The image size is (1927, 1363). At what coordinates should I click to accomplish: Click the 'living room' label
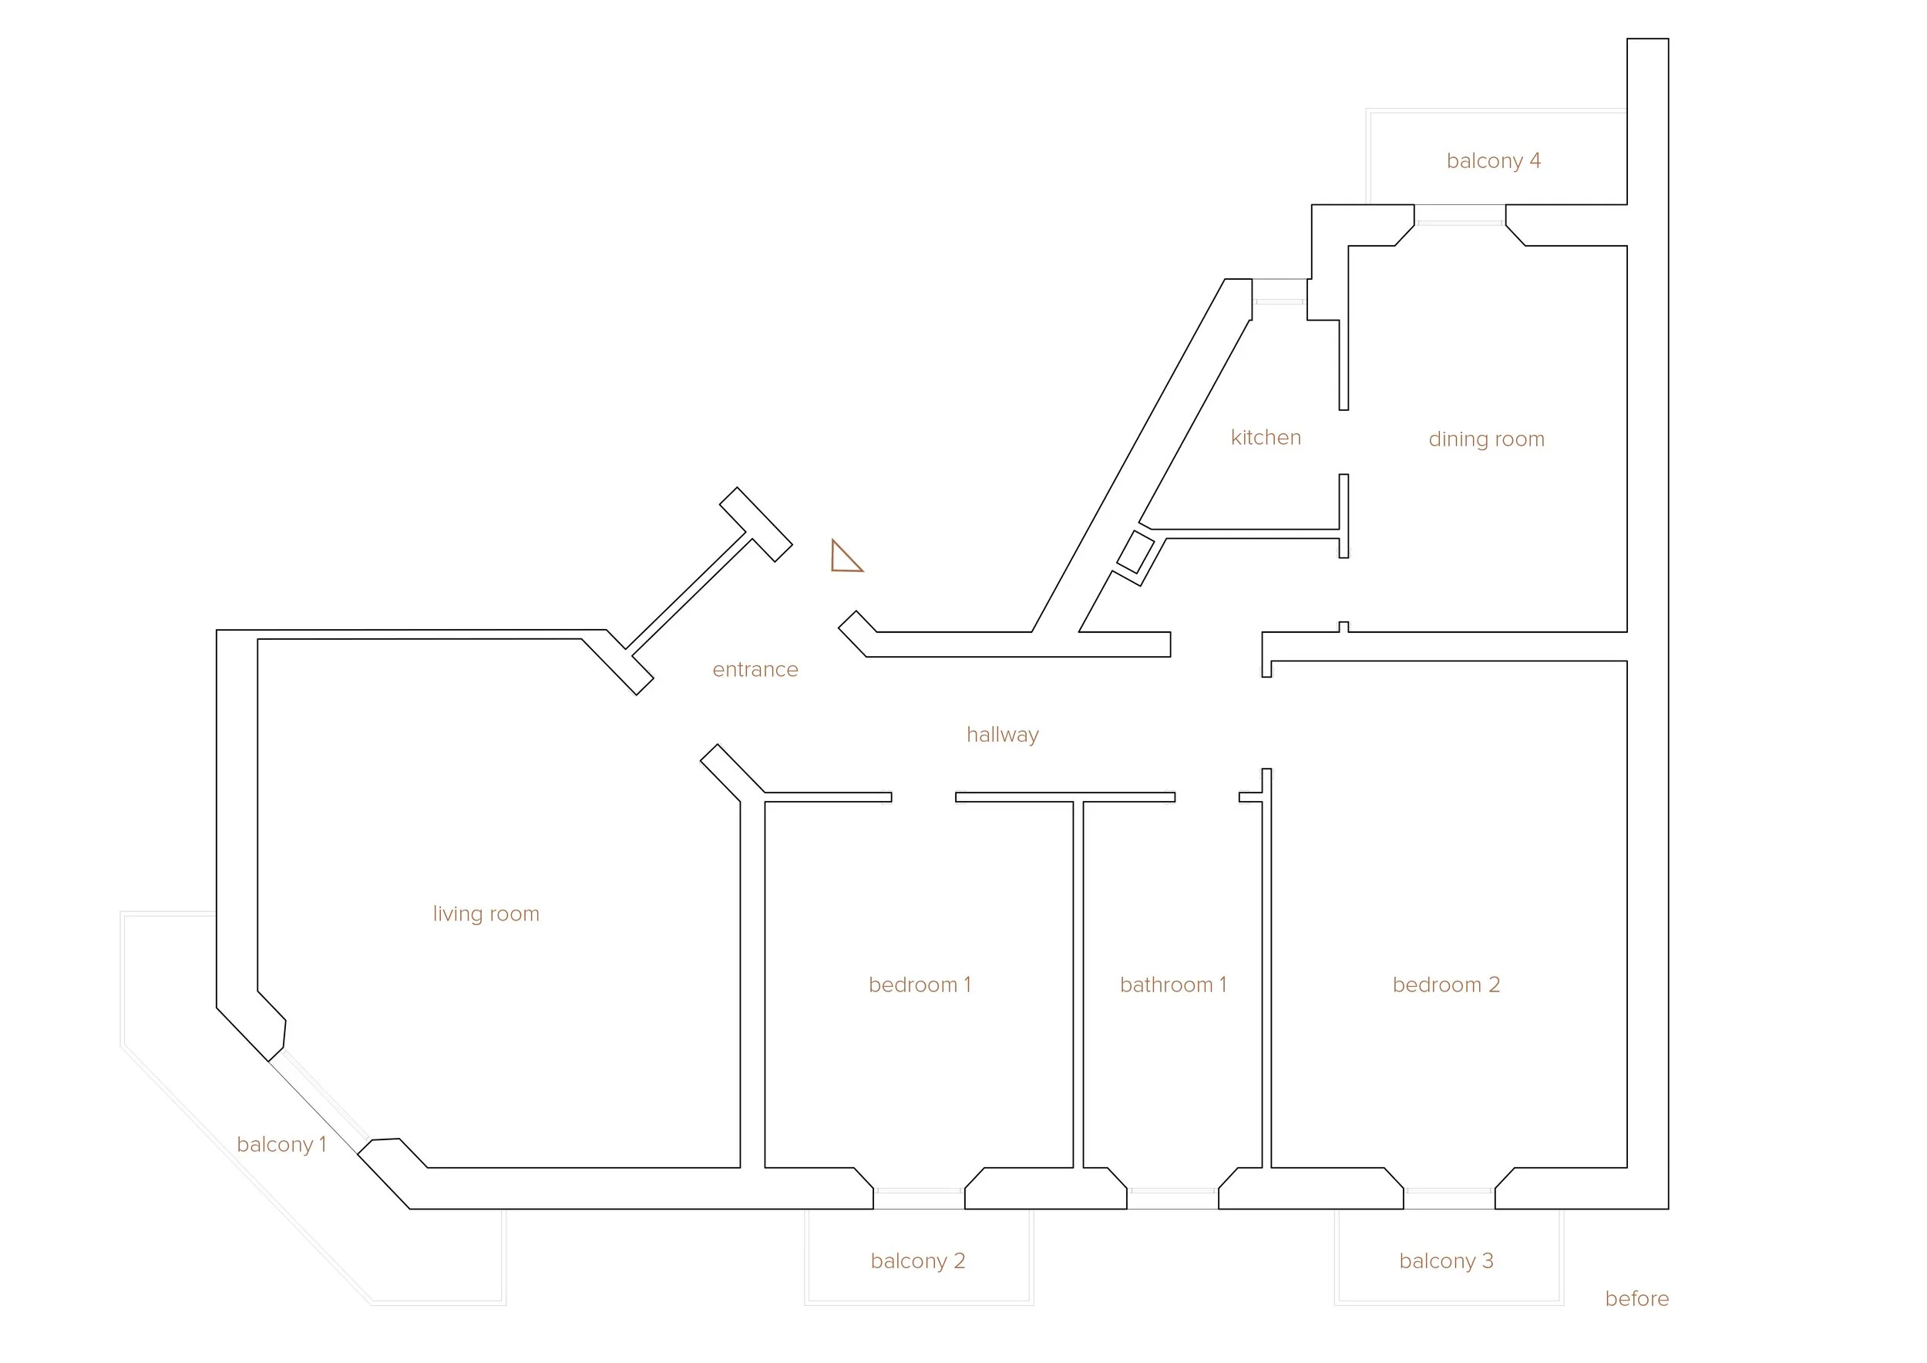pyautogui.click(x=486, y=914)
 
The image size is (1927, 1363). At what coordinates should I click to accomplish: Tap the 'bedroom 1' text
pyautogui.click(x=919, y=984)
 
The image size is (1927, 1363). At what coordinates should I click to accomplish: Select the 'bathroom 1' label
pyautogui.click(x=1172, y=984)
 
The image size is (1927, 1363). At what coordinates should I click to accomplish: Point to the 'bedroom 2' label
pyautogui.click(x=1445, y=984)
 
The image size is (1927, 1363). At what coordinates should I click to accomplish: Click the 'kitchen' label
pyautogui.click(x=1266, y=437)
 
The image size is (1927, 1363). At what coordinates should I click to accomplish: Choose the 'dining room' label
pyautogui.click(x=1485, y=439)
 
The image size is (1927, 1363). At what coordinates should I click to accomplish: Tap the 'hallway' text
pyautogui.click(x=1002, y=735)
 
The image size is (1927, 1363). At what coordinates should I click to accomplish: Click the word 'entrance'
pyautogui.click(x=755, y=670)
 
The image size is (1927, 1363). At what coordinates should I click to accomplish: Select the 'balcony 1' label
pyautogui.click(x=281, y=1144)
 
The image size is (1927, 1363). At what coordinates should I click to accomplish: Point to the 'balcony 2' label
pyautogui.click(x=917, y=1260)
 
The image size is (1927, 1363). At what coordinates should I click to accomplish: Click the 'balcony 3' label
pyautogui.click(x=1445, y=1260)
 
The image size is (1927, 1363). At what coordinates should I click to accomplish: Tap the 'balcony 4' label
pyautogui.click(x=1493, y=160)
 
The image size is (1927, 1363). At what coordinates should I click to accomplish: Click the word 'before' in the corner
pyautogui.click(x=1636, y=1298)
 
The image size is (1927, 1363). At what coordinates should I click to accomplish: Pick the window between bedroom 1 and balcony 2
pyautogui.click(x=918, y=1192)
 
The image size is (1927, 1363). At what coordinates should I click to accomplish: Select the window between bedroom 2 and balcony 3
pyautogui.click(x=1448, y=1192)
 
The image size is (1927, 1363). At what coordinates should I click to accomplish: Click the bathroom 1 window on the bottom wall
pyautogui.click(x=1172, y=1192)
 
